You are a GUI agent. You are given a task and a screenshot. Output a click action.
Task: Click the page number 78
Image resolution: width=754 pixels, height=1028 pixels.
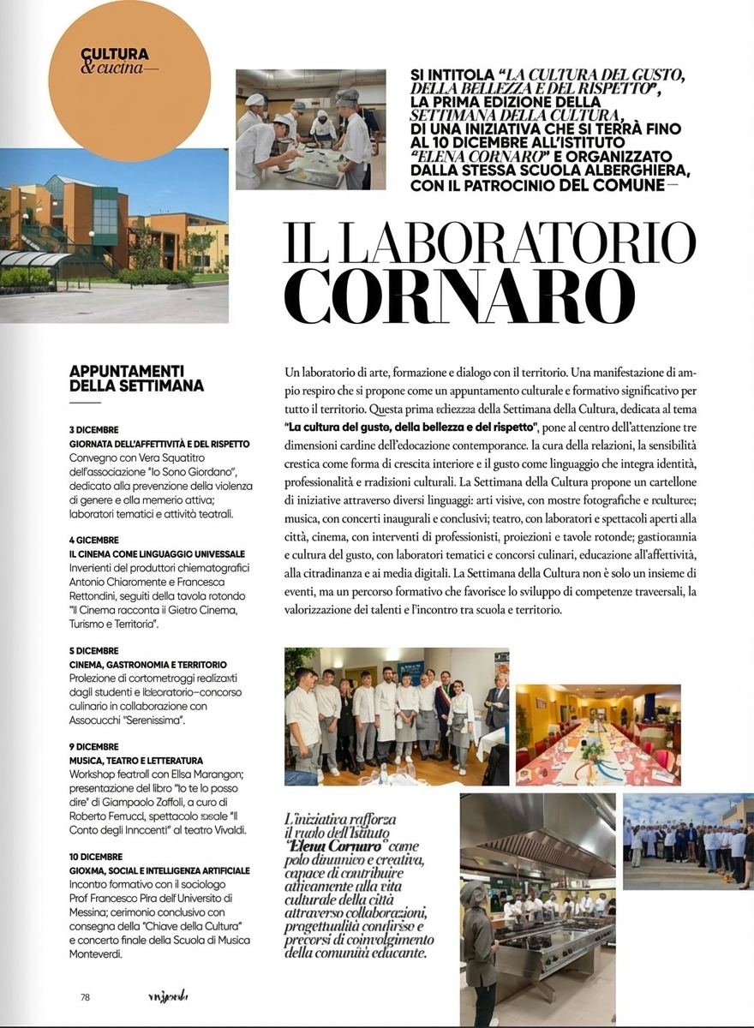point(86,996)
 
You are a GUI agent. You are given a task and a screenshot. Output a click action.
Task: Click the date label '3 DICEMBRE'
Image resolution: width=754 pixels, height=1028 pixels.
point(94,429)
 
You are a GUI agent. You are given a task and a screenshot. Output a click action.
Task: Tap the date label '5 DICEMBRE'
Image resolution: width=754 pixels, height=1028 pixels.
point(94,650)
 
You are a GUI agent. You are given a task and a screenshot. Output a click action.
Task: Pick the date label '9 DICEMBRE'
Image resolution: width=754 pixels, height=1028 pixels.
point(94,746)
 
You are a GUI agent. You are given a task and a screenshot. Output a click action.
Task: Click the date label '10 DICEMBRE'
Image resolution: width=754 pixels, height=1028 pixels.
point(96,856)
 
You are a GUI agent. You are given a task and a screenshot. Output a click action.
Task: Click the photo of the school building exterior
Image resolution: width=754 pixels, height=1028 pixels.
point(114,236)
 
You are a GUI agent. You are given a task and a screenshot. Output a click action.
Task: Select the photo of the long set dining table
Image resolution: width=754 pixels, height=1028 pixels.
point(598,734)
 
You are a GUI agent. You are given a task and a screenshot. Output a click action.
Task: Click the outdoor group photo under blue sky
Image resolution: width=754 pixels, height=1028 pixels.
point(688,841)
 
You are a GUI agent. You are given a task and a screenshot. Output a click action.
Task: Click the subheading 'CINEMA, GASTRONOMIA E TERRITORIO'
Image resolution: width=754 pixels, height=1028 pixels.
point(148,664)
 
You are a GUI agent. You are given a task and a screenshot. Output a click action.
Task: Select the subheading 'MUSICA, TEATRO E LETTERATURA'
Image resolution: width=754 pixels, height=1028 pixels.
point(136,760)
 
